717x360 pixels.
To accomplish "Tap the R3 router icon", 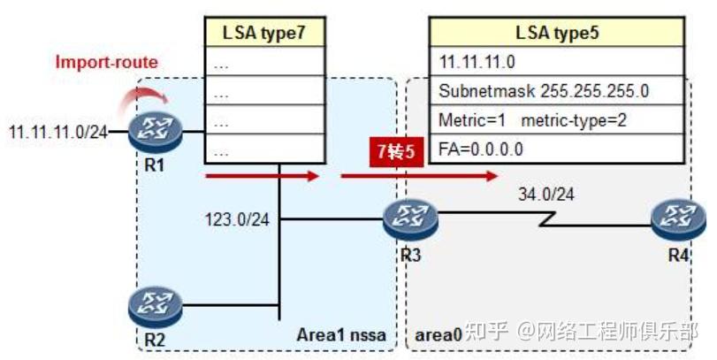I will (x=411, y=218).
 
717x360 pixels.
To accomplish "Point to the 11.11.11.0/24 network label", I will (x=57, y=132).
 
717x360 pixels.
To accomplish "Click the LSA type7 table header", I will (x=263, y=34).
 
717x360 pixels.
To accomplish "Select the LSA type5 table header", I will (x=557, y=34).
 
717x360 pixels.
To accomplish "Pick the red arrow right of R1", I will (x=261, y=177).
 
